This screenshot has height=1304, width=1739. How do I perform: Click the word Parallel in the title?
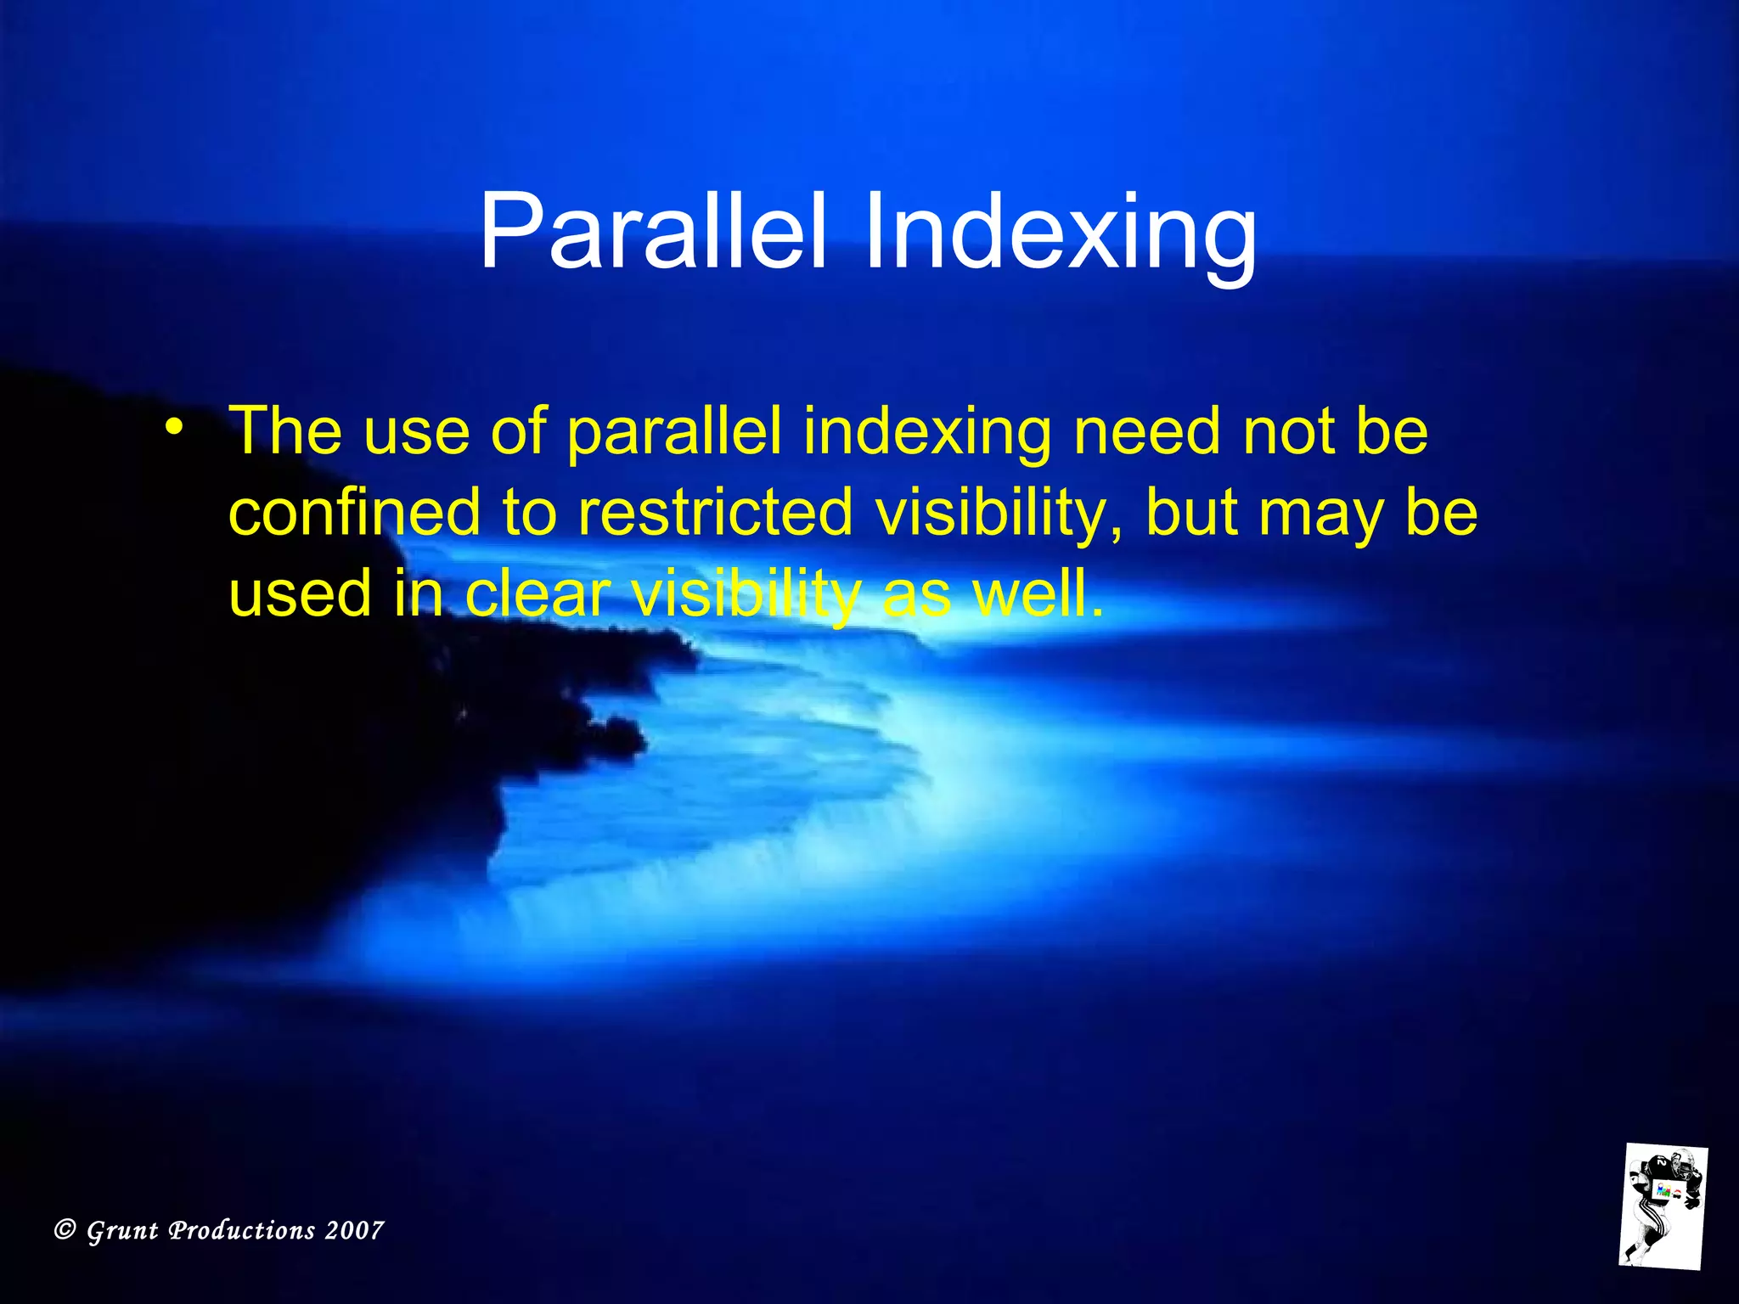click(652, 231)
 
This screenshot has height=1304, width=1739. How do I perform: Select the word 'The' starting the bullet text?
click(286, 430)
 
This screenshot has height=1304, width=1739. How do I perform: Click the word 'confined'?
click(355, 512)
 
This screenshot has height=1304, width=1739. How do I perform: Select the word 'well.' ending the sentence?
click(1038, 593)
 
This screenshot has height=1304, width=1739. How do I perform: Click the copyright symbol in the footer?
click(65, 1229)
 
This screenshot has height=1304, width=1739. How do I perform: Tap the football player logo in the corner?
click(1662, 1206)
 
